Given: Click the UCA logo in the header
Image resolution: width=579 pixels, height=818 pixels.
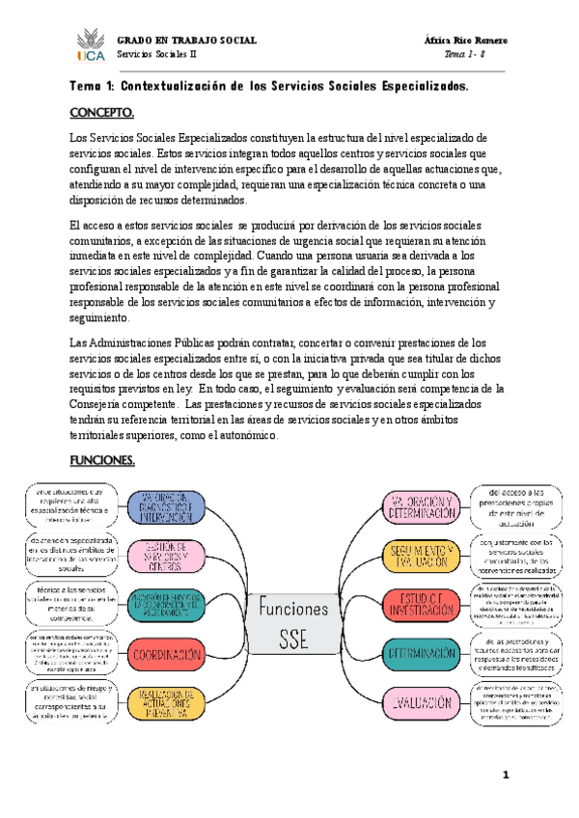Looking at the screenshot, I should (x=89, y=46).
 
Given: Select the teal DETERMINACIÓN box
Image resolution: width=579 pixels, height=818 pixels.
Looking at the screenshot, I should (x=421, y=655).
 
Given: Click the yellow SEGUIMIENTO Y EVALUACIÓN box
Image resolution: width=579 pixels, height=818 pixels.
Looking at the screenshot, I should (x=421, y=556).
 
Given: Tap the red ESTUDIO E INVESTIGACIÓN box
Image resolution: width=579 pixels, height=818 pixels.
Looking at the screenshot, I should (x=421, y=605).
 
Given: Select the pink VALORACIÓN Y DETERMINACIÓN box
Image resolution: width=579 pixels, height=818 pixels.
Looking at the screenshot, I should (x=421, y=505).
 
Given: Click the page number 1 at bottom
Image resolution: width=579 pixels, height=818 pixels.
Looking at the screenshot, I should (x=505, y=777).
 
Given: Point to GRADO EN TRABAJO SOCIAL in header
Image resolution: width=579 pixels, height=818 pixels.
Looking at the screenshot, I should (x=186, y=41).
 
